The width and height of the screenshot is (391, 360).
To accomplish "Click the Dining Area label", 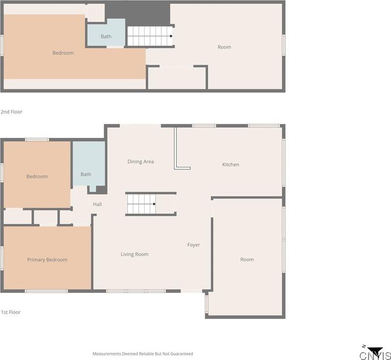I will (141, 162).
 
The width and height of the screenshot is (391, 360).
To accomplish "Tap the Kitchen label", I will (231, 165).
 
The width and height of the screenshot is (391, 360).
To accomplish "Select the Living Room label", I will (134, 254).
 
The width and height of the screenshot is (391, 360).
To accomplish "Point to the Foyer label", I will (194, 245).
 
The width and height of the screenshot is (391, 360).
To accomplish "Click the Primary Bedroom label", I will (47, 260).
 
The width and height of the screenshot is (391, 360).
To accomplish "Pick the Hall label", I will (97, 204).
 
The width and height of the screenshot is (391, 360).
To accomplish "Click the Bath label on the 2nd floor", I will (106, 37).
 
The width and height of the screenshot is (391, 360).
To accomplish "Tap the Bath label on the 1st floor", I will (86, 175).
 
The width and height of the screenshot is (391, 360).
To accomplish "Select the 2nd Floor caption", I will (12, 112).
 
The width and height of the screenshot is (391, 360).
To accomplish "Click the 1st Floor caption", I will (11, 312).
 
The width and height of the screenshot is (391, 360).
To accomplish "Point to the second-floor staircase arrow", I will (171, 36).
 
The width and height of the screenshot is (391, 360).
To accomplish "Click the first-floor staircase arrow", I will (154, 204).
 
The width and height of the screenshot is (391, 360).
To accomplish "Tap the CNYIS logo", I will (375, 353).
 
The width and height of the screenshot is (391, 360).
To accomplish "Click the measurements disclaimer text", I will (143, 354).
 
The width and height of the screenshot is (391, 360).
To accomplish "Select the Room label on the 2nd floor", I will (224, 47).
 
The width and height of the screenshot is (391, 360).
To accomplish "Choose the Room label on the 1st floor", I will (247, 260).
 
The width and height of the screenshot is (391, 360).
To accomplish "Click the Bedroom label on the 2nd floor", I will (63, 53).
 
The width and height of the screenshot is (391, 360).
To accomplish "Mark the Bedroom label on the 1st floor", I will (37, 177).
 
